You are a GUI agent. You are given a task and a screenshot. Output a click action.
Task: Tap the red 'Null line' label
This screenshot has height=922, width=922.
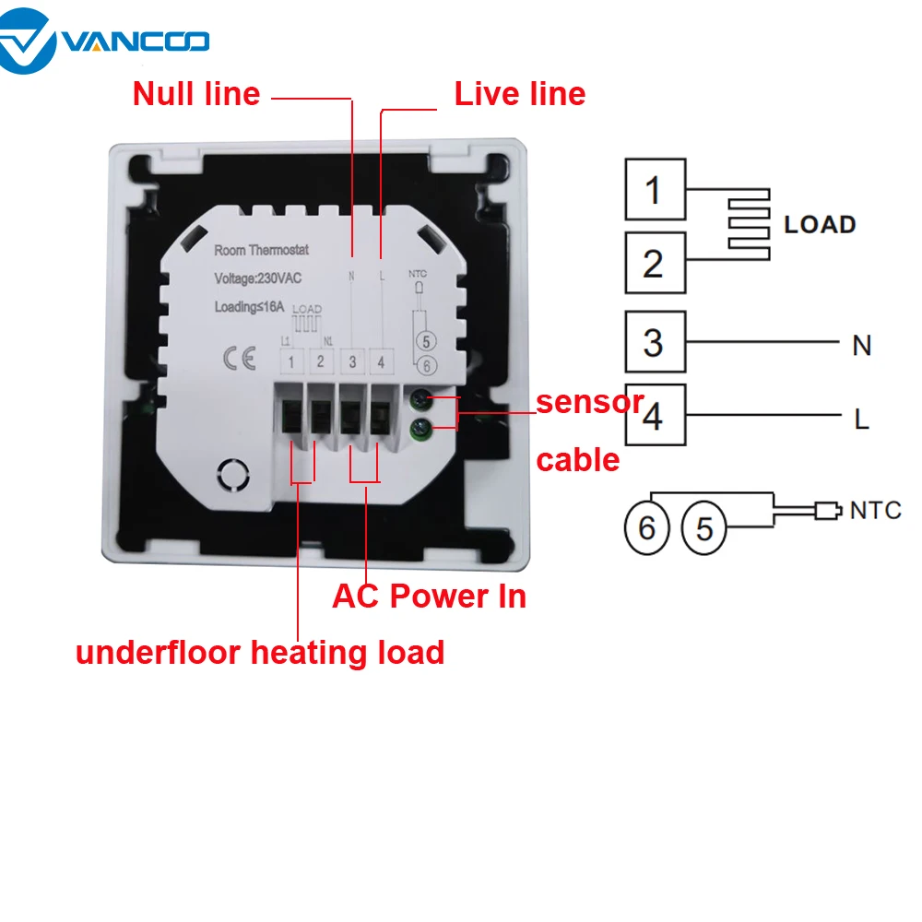coord(196,94)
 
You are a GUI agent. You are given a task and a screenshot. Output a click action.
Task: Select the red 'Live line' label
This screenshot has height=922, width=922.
coord(520,94)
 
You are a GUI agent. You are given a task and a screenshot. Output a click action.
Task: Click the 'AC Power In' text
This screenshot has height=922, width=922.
coord(429,597)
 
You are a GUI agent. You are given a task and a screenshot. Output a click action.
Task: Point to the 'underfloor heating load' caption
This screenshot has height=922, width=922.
coord(260,653)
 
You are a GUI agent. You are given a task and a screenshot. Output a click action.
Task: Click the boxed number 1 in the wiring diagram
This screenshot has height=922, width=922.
coord(655,189)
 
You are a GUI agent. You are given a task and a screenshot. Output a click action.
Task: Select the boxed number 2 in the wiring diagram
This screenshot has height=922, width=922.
coord(655,263)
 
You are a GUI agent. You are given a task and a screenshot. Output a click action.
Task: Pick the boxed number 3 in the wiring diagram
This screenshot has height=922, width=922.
coord(655,342)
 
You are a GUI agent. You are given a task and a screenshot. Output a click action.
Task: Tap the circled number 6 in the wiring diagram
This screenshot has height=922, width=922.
coord(647,527)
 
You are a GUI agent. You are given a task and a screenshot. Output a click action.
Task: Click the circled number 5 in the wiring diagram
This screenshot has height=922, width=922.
coord(703,527)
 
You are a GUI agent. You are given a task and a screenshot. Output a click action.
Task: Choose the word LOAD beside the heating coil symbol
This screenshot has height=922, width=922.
coord(820,225)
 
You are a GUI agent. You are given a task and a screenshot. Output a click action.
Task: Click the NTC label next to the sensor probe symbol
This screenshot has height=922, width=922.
coord(876,511)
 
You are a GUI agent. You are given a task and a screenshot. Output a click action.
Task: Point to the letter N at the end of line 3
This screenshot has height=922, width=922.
coord(861,346)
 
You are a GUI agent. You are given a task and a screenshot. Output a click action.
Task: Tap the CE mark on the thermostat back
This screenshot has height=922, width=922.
coord(240,358)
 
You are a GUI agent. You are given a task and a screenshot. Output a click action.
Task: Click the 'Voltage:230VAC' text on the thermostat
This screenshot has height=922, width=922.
coord(257,278)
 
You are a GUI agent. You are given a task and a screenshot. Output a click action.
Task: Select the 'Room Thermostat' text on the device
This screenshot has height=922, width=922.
coord(261,251)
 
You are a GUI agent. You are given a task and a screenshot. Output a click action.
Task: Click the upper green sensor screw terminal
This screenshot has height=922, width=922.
coord(421,400)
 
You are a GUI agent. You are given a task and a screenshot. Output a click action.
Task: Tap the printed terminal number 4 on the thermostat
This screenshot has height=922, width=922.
coord(381,362)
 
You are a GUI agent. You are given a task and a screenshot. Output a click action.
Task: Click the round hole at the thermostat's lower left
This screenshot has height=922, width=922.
coord(233,475)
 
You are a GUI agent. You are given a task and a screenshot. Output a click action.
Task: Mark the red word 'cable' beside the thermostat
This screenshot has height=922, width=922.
coord(578,460)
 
